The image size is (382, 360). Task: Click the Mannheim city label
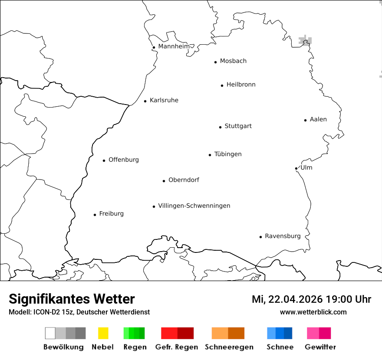point(174,46)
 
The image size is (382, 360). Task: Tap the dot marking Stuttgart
point(220,127)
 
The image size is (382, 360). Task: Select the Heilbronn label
point(241,85)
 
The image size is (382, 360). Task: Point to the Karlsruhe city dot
point(145,101)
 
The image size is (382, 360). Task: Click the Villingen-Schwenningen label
point(194,206)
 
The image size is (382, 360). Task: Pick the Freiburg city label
point(111,213)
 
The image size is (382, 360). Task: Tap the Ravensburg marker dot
point(260,237)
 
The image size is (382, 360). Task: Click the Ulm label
point(306,167)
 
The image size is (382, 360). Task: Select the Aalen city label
point(318,119)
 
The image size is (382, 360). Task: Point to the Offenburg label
point(124,160)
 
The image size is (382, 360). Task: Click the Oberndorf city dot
point(164,181)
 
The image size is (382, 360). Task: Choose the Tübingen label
point(228,154)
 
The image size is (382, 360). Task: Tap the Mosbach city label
point(233,61)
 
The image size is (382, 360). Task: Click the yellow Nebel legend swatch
point(103,333)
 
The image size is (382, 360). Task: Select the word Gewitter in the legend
point(320,347)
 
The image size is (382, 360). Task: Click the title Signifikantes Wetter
point(72,299)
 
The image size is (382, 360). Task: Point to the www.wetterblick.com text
point(313,312)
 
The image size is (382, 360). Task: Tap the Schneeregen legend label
point(229,347)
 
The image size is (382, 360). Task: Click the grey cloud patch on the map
point(306,41)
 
